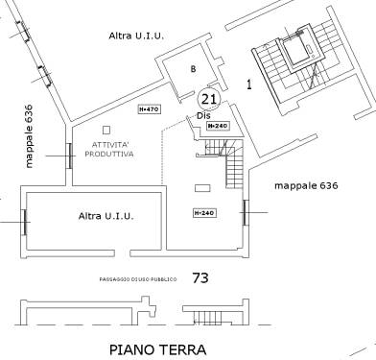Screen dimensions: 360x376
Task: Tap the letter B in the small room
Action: [193, 69]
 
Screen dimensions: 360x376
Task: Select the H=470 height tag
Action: [149, 109]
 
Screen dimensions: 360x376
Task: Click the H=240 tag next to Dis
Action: [219, 126]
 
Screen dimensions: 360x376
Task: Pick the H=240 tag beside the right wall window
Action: [202, 212]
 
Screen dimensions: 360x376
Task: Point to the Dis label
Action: [202, 115]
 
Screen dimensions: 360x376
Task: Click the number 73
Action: [200, 278]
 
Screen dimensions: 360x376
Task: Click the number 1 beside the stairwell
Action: [248, 84]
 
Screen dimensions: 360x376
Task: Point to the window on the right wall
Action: [247, 213]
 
